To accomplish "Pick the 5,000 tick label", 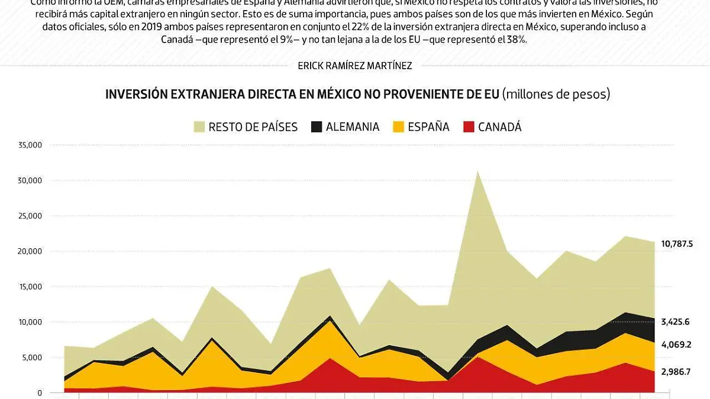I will [x=32, y=358].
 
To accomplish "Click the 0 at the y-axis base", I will [x=39, y=393].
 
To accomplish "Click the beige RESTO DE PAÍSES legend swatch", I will [x=199, y=126].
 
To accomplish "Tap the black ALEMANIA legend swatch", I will [x=317, y=126].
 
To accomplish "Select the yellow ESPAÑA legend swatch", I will [x=399, y=126].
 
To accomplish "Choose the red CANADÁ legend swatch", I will [x=469, y=126].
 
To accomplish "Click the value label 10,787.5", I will [x=676, y=244].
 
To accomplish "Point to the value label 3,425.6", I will [x=676, y=322].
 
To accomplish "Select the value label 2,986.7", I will [x=676, y=371].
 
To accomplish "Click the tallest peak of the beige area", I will [x=477, y=173].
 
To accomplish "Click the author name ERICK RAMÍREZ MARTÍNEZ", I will [x=355, y=66].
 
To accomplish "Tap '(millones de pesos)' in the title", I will [x=556, y=95].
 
